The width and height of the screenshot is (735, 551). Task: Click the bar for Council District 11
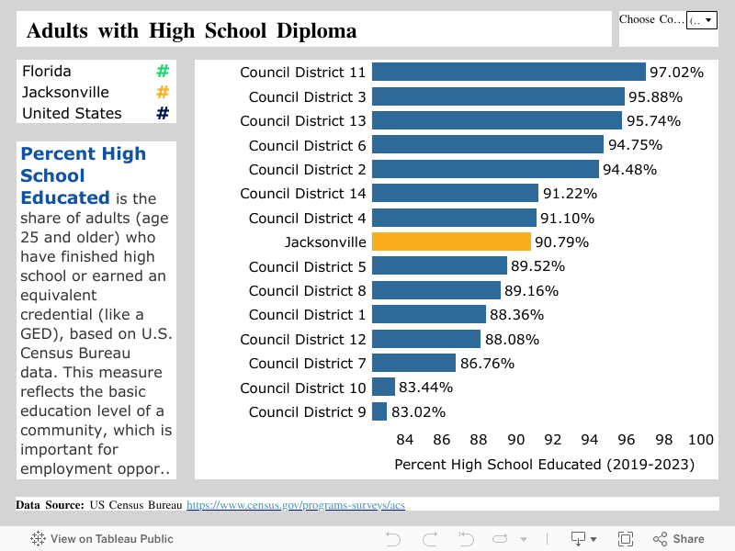508,72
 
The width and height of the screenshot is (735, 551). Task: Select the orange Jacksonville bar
451,242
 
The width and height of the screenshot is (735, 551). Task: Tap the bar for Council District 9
379,411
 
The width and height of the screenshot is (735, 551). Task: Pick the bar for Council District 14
455,193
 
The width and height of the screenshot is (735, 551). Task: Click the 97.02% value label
676,72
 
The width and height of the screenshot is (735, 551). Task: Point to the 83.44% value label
426,388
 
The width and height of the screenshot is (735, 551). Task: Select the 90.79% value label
561,242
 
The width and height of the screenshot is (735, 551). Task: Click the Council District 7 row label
307,363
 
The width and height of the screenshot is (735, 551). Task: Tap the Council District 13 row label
302,120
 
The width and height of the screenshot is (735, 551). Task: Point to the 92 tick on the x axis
553,440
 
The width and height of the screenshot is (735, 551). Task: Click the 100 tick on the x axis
701,440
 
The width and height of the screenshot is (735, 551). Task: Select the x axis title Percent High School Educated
544,465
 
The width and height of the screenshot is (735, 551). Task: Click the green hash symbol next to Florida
163,71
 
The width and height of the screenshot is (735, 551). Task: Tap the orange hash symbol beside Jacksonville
163,92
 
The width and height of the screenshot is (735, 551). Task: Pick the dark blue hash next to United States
163,113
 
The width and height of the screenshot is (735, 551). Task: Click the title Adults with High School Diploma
191,30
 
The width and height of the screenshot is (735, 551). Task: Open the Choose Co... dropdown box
701,19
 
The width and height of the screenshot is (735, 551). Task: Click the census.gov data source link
296,505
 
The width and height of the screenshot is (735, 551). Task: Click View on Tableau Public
102,539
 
